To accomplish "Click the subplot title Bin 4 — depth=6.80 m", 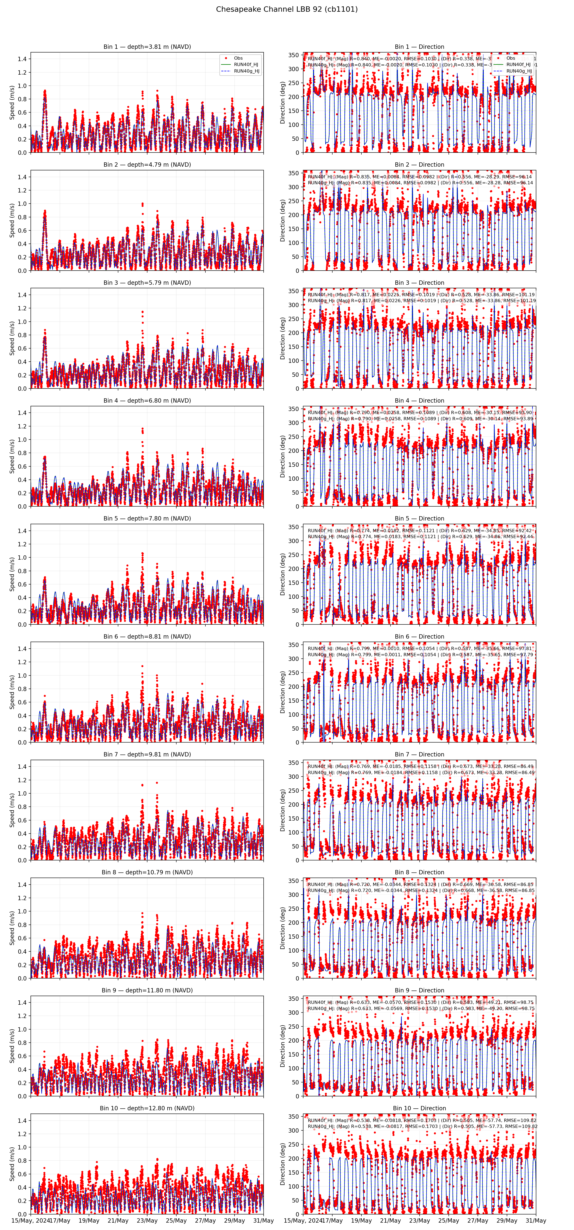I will point(147,401).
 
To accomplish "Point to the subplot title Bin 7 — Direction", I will point(419,754).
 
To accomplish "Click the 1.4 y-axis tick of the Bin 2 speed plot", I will point(22,177).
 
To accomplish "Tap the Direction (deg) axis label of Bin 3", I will point(283,338).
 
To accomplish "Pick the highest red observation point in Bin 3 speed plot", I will point(142,312).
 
